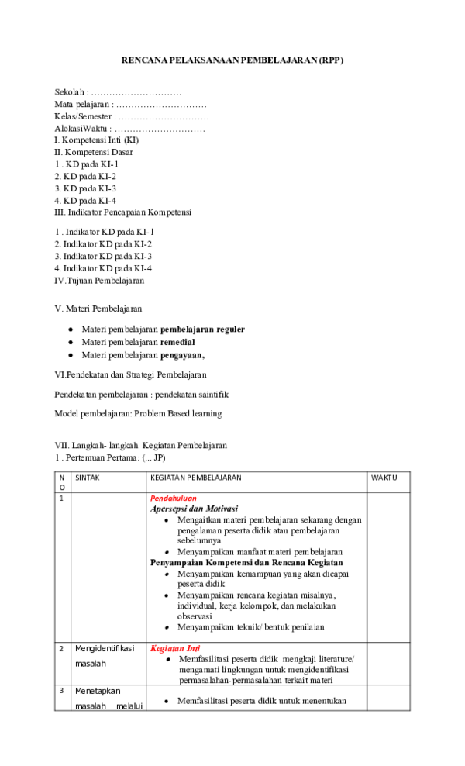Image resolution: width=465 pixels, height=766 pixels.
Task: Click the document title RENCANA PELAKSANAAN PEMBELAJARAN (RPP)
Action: pyautogui.click(x=232, y=60)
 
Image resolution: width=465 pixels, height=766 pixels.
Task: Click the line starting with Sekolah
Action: pyautogui.click(x=118, y=92)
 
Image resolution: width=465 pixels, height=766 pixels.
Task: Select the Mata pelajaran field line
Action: pyautogui.click(x=130, y=104)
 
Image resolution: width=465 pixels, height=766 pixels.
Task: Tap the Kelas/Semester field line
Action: pyautogui.click(x=132, y=116)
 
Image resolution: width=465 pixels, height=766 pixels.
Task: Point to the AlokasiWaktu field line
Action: pyautogui.click(x=129, y=129)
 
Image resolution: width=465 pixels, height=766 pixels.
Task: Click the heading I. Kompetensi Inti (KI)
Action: pyautogui.click(x=97, y=140)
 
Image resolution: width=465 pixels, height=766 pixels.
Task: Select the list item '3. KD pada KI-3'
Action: pyautogui.click(x=85, y=188)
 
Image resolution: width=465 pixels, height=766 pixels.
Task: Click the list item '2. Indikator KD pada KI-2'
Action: pyautogui.click(x=103, y=243)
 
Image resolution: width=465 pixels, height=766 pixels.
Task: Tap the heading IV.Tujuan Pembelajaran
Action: pyautogui.click(x=99, y=280)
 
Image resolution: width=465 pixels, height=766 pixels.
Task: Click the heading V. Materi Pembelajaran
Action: pyautogui.click(x=98, y=309)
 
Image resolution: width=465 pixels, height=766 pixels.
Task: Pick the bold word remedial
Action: pyautogui.click(x=177, y=342)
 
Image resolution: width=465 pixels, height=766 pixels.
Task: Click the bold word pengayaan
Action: pyautogui.click(x=182, y=355)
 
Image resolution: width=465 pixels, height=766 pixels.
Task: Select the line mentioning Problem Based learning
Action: pyautogui.click(x=138, y=413)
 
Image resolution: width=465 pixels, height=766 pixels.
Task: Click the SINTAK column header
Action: pyautogui.click(x=87, y=478)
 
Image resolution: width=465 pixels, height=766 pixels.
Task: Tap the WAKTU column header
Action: pyautogui.click(x=384, y=478)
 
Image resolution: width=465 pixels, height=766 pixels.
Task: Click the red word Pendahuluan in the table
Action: pyautogui.click(x=173, y=499)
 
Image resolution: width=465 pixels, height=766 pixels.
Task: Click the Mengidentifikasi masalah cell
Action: pyautogui.click(x=104, y=656)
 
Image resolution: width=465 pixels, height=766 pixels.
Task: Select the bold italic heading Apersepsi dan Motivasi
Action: pyautogui.click(x=194, y=509)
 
